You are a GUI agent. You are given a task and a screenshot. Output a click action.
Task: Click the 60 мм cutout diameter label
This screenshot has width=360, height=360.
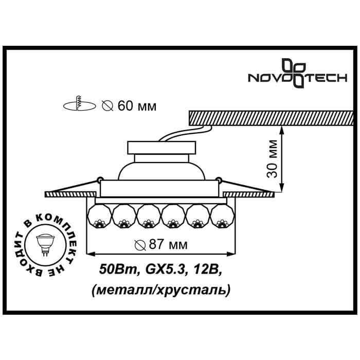click(x=129, y=106)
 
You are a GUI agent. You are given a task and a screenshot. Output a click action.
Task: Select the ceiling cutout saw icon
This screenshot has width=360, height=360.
click(x=79, y=105)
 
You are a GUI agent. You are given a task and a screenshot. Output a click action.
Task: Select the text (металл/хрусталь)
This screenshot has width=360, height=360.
click(x=160, y=290)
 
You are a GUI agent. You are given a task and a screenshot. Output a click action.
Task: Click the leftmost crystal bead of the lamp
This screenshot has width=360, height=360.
click(x=99, y=216)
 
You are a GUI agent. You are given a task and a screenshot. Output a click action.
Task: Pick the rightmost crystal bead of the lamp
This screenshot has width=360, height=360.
click(x=222, y=216)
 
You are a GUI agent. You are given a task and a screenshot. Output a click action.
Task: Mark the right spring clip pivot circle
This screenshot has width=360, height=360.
click(x=220, y=179)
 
